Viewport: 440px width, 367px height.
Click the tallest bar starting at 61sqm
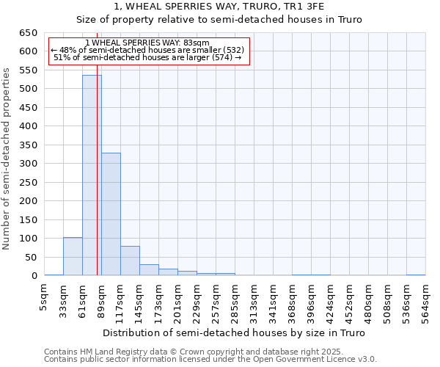[x=92, y=176]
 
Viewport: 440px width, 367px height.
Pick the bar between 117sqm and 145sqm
[x=130, y=261]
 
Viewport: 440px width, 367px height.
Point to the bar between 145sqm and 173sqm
[x=149, y=269]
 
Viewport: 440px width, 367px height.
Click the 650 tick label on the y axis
[x=27, y=33]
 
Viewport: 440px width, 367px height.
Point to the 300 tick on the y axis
[x=27, y=164]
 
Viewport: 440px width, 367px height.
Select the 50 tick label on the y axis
[x=30, y=257]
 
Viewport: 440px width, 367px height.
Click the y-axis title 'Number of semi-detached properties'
[x=7, y=158]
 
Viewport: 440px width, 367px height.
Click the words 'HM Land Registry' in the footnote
[x=107, y=352]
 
